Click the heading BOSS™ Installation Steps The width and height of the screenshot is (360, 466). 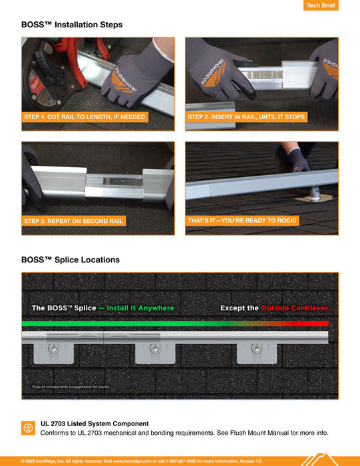click(x=72, y=25)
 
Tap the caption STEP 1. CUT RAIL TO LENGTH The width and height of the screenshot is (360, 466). click(x=85, y=117)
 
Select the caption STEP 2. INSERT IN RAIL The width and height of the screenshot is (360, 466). click(x=246, y=117)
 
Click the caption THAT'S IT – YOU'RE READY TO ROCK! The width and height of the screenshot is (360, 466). click(x=242, y=220)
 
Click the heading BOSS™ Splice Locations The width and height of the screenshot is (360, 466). click(x=71, y=260)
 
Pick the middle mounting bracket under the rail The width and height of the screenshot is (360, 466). click(x=155, y=352)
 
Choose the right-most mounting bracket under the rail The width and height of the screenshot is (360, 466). click(x=257, y=352)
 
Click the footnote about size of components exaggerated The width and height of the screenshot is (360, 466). click(x=71, y=387)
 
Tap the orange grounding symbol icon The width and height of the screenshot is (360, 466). click(x=28, y=427)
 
